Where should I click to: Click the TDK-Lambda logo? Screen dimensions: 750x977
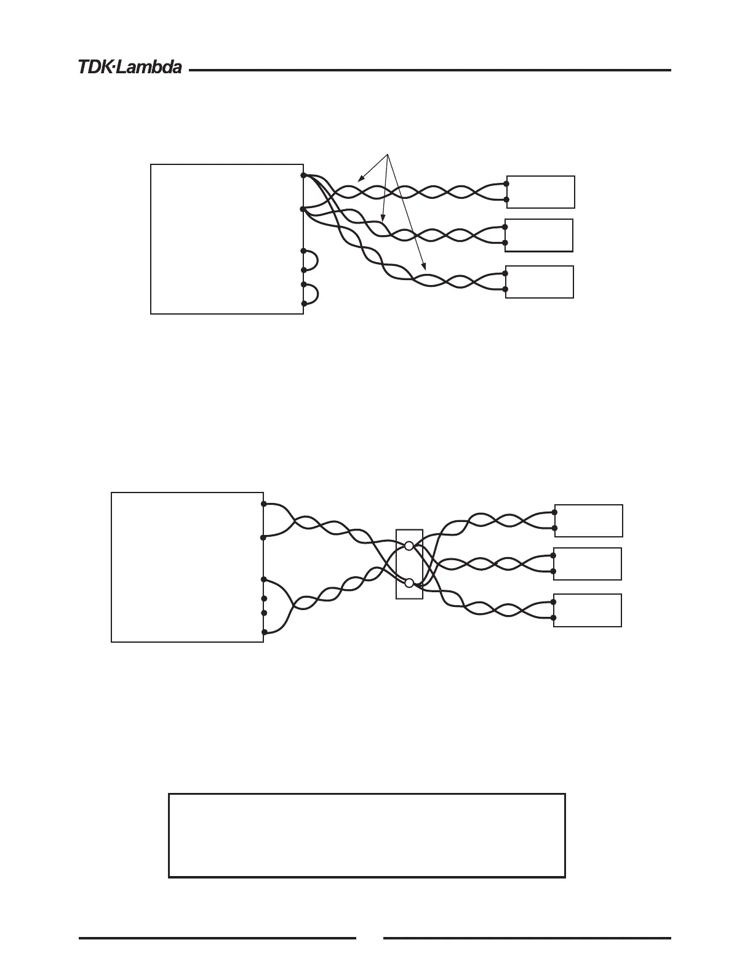coord(130,67)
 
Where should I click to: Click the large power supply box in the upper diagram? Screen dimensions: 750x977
coord(226,239)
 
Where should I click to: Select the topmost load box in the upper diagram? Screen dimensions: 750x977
coord(540,191)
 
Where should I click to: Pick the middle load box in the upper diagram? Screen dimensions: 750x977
coord(539,235)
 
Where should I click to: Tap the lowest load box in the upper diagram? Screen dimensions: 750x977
coord(540,282)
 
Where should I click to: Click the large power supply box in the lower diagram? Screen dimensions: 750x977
coord(187,567)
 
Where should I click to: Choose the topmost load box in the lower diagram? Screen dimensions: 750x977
coord(588,520)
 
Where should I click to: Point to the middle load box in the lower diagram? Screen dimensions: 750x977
coord(588,564)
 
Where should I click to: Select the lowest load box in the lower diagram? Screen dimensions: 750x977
coord(588,611)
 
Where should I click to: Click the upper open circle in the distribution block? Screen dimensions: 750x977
coord(409,545)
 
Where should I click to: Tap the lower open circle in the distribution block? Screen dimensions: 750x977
coord(409,583)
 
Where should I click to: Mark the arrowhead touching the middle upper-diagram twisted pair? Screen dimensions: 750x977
coord(382,219)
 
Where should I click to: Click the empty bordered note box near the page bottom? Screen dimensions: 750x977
coord(367,835)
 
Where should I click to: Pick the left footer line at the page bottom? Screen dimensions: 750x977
coord(217,938)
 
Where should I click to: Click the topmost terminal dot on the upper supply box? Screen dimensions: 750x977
coord(303,175)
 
